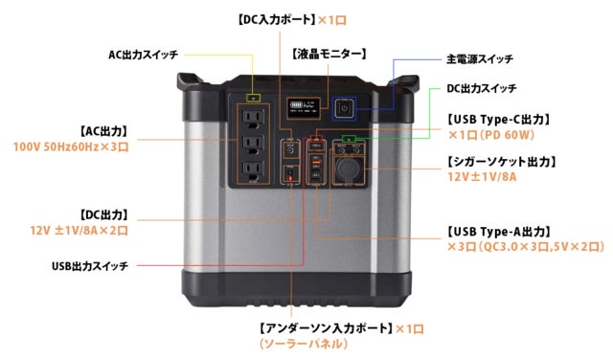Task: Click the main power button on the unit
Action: coord(344,108)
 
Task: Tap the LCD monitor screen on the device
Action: coord(304,108)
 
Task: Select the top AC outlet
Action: coord(253,119)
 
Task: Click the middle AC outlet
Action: coord(253,145)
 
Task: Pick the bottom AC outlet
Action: coord(253,170)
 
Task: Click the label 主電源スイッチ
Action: coord(480,59)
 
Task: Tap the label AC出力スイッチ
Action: coord(143,55)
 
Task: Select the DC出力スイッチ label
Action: coord(481,89)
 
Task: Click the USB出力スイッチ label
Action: coord(90,266)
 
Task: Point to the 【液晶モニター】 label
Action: coord(329,54)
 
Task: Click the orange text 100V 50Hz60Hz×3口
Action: coord(71,147)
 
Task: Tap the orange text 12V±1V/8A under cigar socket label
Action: coord(482,177)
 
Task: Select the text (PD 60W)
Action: coord(507,135)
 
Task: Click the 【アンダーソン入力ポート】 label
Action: coord(326,328)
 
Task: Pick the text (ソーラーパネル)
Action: coord(303,344)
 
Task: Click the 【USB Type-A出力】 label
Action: coord(498,232)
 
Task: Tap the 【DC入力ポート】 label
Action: coord(276,20)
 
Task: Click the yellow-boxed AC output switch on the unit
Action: coord(253,98)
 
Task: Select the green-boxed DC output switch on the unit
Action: coord(349,139)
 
